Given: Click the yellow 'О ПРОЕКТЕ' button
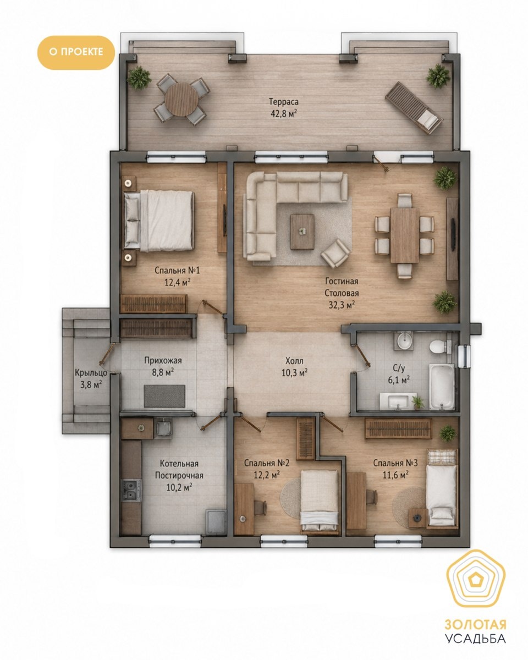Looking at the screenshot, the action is (76, 52).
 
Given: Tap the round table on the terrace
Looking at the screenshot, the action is (182, 100).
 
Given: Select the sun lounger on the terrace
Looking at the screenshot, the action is (414, 107).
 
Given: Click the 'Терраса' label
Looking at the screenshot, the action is (283, 101).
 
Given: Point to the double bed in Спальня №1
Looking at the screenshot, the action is (159, 221).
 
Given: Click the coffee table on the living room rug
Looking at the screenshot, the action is (302, 232).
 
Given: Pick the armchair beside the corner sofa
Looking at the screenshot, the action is (335, 253).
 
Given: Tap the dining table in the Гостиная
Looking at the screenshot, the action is (404, 235).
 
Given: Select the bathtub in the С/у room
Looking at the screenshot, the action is (442, 387).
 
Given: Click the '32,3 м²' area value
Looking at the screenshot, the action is (342, 305).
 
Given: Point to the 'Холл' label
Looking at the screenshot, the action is (294, 360).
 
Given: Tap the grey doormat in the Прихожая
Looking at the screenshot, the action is (164, 396).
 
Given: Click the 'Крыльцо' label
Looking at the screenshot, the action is (91, 373).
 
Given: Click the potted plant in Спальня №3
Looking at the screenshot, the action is (448, 433).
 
